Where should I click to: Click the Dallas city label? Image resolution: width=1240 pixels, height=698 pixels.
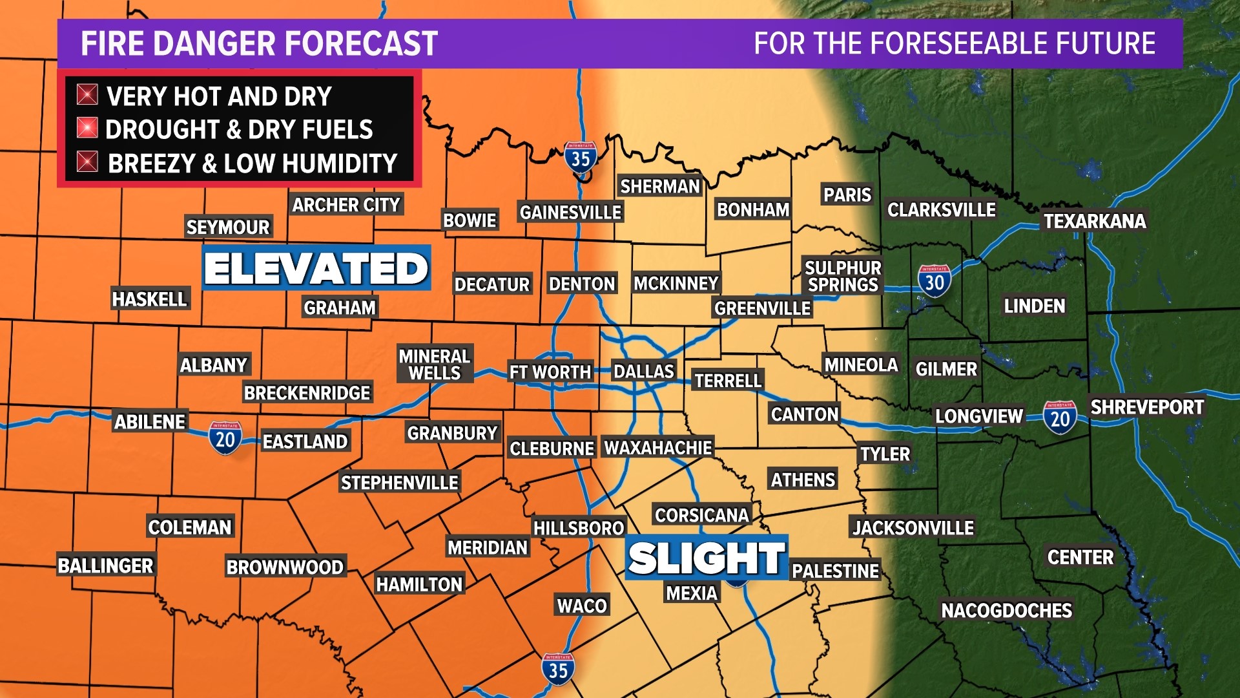pyautogui.click(x=643, y=372)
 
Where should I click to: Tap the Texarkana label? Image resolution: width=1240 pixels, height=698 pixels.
pyautogui.click(x=1095, y=221)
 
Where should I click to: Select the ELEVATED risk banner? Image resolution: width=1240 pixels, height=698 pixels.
pyautogui.click(x=316, y=268)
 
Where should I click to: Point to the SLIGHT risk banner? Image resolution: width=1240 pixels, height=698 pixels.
pyautogui.click(x=706, y=558)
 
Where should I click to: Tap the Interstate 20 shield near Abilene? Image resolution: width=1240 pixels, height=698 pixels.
pyautogui.click(x=225, y=438)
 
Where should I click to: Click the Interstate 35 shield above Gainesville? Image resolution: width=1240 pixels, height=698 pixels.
pyautogui.click(x=580, y=157)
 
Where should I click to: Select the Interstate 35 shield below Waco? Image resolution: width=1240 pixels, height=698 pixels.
pyautogui.click(x=558, y=669)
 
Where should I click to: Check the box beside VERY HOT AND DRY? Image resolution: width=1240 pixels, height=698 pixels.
pyautogui.click(x=87, y=94)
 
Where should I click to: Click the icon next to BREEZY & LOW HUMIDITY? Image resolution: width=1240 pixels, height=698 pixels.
pyautogui.click(x=87, y=162)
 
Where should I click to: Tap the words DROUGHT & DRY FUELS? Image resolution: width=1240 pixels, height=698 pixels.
pyautogui.click(x=239, y=129)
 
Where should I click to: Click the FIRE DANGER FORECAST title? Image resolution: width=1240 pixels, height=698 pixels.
pyautogui.click(x=259, y=44)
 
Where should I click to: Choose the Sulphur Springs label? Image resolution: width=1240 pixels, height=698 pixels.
pyautogui.click(x=843, y=276)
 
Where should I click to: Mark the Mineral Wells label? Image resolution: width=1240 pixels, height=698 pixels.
pyautogui.click(x=434, y=365)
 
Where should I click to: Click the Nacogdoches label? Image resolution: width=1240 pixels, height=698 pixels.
pyautogui.click(x=1006, y=610)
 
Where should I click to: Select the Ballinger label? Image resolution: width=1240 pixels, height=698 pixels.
pyautogui.click(x=105, y=566)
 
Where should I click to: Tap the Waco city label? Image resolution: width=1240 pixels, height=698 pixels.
pyautogui.click(x=582, y=606)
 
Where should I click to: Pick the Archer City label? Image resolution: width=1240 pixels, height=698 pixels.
pyautogui.click(x=346, y=205)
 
